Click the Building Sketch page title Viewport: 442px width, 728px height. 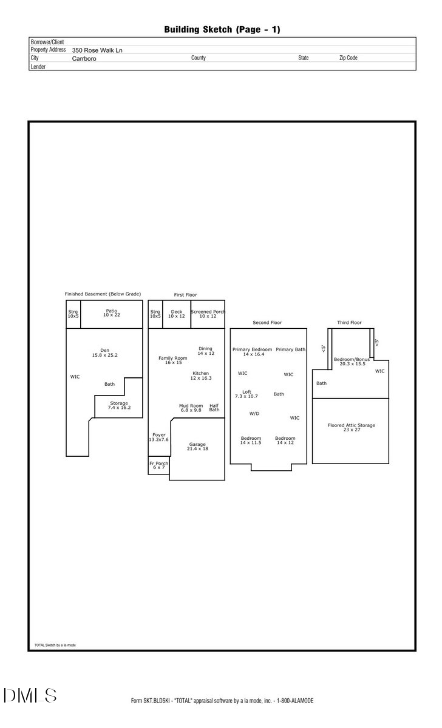(222, 29)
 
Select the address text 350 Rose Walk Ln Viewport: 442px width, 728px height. (97, 50)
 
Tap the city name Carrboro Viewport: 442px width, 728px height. (84, 59)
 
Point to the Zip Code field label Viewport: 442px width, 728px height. (348, 58)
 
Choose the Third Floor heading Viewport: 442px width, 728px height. (349, 323)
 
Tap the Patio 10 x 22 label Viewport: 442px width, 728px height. (112, 313)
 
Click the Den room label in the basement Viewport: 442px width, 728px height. (104, 352)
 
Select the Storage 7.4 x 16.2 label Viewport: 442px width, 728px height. (119, 406)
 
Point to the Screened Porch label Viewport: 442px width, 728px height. (208, 314)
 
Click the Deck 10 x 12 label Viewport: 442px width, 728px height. (176, 314)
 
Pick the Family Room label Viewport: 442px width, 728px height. (173, 360)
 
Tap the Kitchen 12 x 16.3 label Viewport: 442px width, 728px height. (200, 376)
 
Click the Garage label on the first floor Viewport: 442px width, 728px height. (197, 447)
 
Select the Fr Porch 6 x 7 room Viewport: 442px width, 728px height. (158, 465)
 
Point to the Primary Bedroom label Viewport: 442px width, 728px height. (253, 352)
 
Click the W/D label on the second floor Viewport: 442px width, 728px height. (254, 414)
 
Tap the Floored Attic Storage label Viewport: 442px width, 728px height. (351, 428)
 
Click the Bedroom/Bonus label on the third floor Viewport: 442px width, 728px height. (352, 362)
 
